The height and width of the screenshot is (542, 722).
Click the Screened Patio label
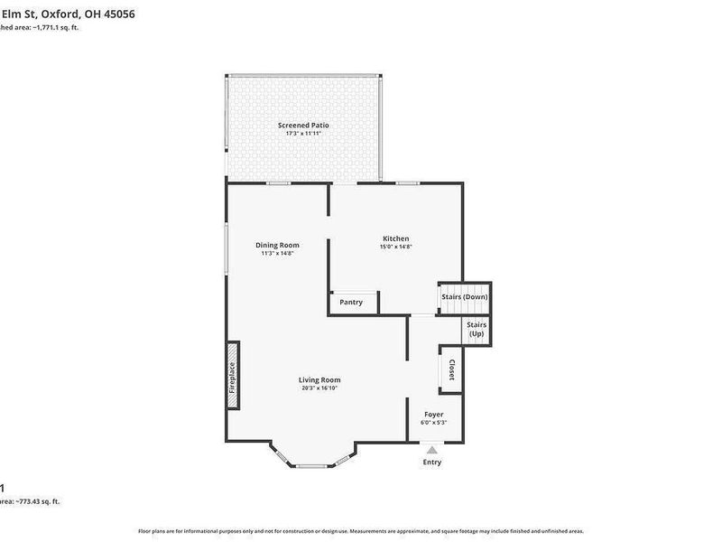303,125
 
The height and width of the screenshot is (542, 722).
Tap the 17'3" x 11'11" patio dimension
303,134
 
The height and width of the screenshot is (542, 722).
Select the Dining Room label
277,245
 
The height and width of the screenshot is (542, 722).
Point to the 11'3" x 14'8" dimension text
277,254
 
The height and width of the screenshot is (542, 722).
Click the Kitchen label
395,238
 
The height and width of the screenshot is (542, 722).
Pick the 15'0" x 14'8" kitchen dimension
395,247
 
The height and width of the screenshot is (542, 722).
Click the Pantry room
352,303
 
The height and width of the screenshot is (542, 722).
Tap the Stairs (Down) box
465,297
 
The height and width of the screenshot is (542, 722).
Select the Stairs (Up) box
477,329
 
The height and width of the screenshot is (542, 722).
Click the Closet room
451,369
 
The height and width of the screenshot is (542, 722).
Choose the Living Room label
319,379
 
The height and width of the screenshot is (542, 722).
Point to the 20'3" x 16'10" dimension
319,388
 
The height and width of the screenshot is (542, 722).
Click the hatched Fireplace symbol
233,375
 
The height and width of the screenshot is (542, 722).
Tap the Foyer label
433,414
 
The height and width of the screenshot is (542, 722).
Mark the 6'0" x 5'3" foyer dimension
433,423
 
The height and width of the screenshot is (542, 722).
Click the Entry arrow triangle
432,449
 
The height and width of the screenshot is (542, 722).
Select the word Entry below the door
432,463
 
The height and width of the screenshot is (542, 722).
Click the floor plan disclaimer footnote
361,531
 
